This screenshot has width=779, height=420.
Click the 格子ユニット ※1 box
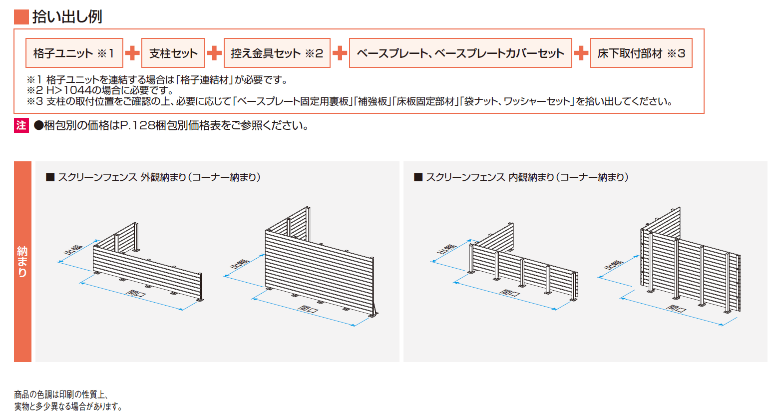click(74, 53)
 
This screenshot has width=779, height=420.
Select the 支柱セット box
click(173, 53)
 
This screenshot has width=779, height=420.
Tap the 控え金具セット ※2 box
click(277, 53)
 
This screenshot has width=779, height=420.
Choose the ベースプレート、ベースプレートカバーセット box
click(460, 53)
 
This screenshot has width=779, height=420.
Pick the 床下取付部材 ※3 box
click(641, 53)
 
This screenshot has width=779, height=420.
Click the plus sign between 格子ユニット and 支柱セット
click(132, 53)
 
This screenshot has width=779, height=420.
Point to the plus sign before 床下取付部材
click(581, 53)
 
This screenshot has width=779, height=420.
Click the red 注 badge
click(21, 125)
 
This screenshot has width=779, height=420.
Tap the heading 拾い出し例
click(67, 16)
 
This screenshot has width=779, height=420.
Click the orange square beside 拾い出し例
click(21, 17)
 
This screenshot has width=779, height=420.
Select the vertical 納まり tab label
click(22, 262)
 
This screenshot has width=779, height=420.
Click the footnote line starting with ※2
click(100, 90)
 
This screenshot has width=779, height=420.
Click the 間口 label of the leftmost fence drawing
click(136, 294)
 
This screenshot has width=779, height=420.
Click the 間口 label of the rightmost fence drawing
click(676, 308)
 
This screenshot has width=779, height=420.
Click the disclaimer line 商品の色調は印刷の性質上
click(61, 395)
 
